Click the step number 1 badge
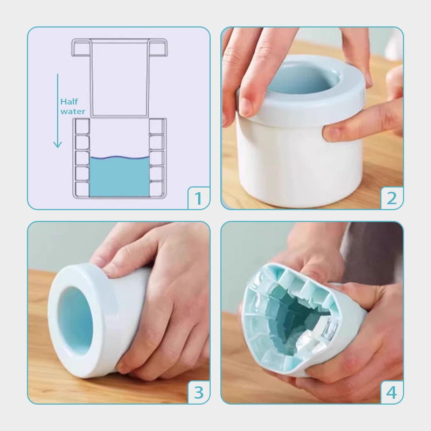[198, 198]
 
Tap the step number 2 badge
[392, 198]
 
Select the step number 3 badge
[198, 393]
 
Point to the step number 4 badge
[392, 393]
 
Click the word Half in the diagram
[69, 102]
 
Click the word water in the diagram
[73, 112]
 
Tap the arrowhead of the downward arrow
[58, 144]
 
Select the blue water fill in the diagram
[120, 177]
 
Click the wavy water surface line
[120, 158]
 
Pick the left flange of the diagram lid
[81, 47]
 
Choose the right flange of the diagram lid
[158, 47]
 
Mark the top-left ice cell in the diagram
[82, 126]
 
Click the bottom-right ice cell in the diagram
[156, 189]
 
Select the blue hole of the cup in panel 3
[75, 319]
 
